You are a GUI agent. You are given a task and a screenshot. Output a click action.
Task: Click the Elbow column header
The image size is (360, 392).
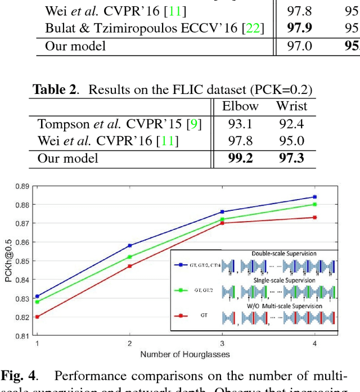pyautogui.click(x=240, y=106)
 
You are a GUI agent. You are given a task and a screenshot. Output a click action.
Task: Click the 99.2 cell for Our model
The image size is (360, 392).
pyautogui.click(x=240, y=158)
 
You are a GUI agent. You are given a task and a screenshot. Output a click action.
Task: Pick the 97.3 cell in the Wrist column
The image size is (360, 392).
pyautogui.click(x=291, y=158)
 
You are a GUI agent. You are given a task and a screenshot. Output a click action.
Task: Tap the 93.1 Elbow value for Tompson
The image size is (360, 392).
pyautogui.click(x=240, y=124)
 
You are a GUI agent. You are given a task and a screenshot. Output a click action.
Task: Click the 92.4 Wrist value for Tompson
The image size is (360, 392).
pyautogui.click(x=291, y=124)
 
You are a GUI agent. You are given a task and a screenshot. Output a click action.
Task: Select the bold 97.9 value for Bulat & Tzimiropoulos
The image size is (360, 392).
pyautogui.click(x=299, y=28)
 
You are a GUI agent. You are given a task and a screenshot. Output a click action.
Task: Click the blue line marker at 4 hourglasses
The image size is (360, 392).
pyautogui.click(x=314, y=197)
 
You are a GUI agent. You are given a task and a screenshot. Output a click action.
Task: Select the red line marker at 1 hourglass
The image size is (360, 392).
pyautogui.click(x=38, y=317)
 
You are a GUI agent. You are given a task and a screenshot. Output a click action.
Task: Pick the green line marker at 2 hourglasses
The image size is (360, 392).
pyautogui.click(x=130, y=257)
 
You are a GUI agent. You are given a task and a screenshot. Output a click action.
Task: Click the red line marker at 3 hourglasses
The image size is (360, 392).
pyautogui.click(x=222, y=223)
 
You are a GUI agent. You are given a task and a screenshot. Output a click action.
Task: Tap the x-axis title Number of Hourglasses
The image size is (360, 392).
pyautogui.click(x=186, y=354)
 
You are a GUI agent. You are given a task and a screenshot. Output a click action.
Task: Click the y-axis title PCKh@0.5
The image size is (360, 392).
pyautogui.click(x=7, y=260)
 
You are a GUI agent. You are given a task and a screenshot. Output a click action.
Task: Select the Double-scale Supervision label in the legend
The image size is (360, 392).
pyautogui.click(x=283, y=254)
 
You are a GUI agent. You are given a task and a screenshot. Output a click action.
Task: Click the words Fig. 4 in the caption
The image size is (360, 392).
pyautogui.click(x=19, y=376)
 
